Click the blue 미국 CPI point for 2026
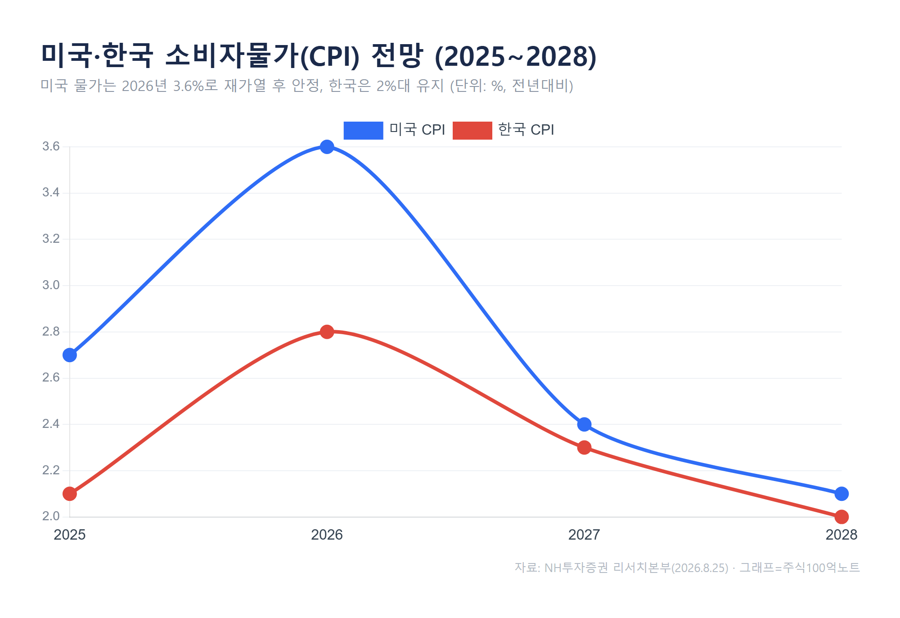(327, 147)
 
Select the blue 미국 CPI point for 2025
(70, 355)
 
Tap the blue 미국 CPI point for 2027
(584, 424)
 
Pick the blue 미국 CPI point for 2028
(841, 494)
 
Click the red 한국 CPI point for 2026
(327, 332)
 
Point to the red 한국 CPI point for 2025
(70, 494)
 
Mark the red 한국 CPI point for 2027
(584, 447)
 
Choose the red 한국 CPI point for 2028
(841, 517)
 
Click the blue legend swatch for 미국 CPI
(363, 130)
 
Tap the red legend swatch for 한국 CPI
(472, 130)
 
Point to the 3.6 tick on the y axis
(51, 146)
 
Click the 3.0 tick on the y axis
(51, 285)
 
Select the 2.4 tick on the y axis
(51, 424)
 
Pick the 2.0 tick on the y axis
(51, 516)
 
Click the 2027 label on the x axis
(584, 535)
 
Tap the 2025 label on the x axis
(70, 535)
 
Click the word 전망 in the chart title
(397, 56)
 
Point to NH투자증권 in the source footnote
(576, 568)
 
